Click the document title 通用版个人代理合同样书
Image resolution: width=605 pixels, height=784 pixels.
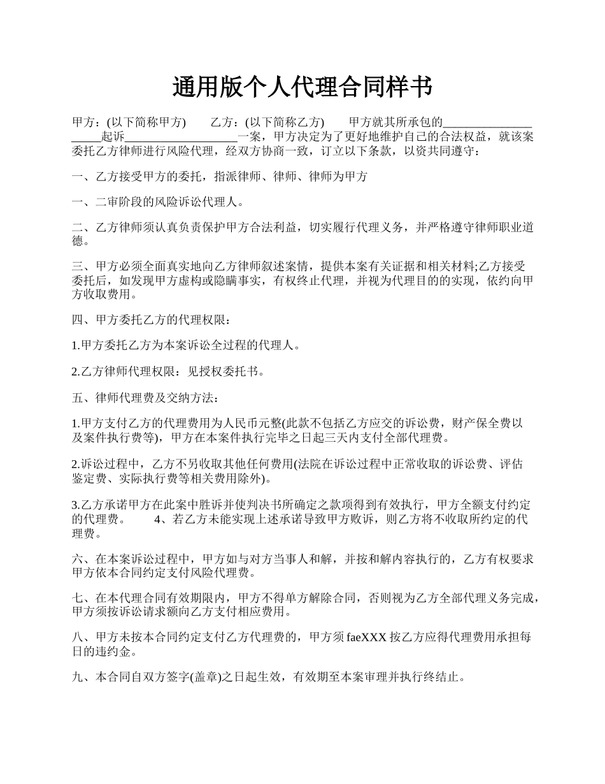pos(302,87)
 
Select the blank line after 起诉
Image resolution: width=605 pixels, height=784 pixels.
pos(181,136)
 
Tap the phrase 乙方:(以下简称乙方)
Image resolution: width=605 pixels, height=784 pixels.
pos(267,122)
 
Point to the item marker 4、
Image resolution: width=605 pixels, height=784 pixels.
pos(162,519)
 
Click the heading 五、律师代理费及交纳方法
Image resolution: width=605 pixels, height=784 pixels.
pos(146,398)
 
